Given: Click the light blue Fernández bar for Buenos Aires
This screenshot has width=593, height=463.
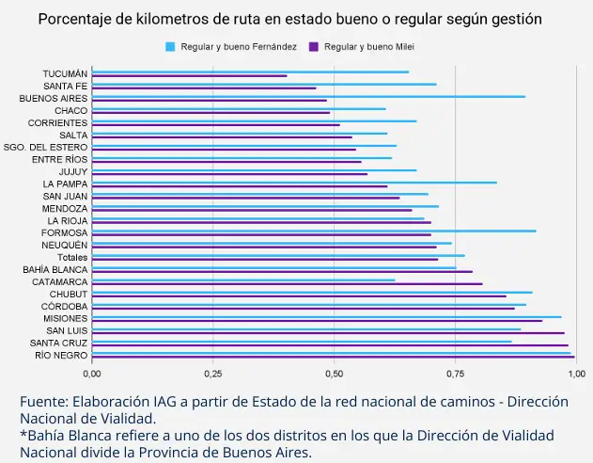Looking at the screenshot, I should (x=308, y=96).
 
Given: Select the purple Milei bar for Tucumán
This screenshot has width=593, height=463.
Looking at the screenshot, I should (x=189, y=76).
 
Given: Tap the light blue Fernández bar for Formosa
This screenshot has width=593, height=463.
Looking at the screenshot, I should (x=314, y=231).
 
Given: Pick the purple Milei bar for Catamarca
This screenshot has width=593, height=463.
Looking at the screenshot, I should (x=287, y=283).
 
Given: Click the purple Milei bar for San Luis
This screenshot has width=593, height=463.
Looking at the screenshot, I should (x=328, y=332).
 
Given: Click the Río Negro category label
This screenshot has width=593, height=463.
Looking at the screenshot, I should (x=61, y=355).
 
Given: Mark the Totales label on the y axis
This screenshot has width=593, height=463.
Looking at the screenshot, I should (x=71, y=257).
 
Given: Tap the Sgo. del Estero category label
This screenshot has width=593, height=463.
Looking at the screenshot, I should (x=46, y=147).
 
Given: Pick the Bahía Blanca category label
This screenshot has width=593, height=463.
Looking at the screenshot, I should (x=55, y=269).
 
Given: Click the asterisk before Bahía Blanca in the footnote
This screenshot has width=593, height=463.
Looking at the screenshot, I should (x=22, y=436).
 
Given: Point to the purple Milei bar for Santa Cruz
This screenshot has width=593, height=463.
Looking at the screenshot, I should (x=330, y=344).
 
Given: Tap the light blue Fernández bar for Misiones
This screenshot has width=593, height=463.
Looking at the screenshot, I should (x=326, y=317).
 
